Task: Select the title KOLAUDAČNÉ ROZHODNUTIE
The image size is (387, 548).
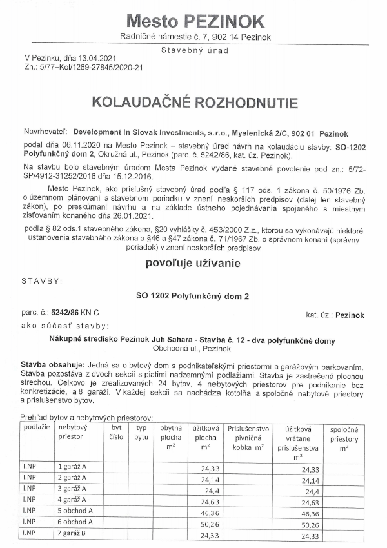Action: pos(194,103)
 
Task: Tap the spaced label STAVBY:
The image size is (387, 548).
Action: pos(42,281)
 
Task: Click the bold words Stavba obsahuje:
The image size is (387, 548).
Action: pos(50,365)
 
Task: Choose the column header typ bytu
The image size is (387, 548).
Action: pos(141,432)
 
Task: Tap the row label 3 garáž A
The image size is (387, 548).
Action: pos(75,487)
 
